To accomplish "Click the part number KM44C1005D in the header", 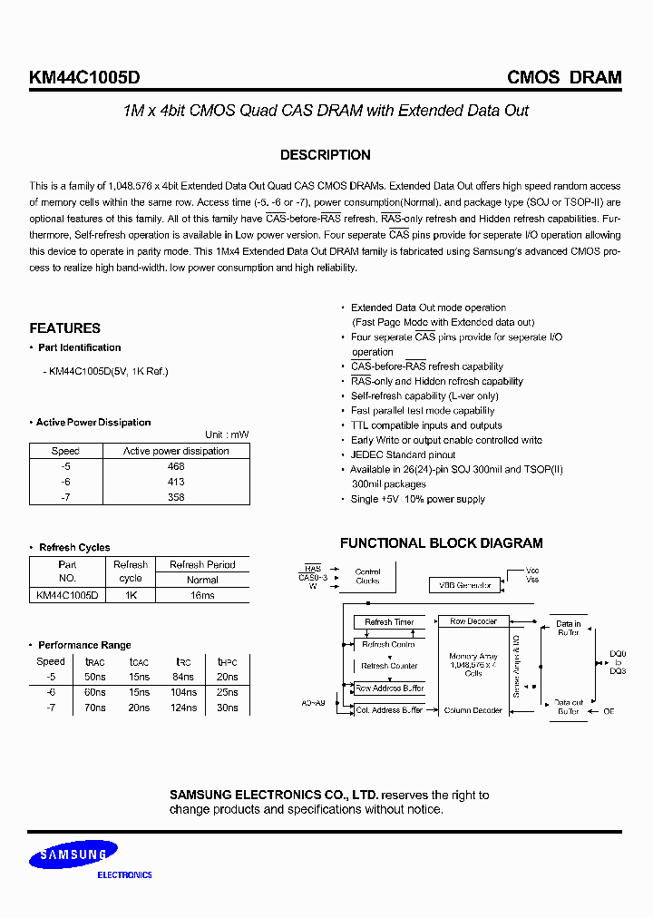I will pyautogui.click(x=84, y=78).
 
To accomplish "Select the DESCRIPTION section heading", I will pyautogui.click(x=325, y=155).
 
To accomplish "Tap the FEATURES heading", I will pyautogui.click(x=64, y=328).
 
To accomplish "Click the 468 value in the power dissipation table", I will pyautogui.click(x=176, y=466).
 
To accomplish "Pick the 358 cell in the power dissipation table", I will pyautogui.click(x=176, y=496).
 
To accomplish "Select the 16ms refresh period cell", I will pyautogui.click(x=202, y=595).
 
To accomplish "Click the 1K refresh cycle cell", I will pyautogui.click(x=131, y=595).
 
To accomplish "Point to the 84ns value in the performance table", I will pyautogui.click(x=183, y=677).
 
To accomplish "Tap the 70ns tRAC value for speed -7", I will pyautogui.click(x=93, y=707).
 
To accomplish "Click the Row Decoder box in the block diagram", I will pyautogui.click(x=473, y=621).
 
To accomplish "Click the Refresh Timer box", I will pyautogui.click(x=389, y=622).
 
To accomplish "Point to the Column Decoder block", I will pyautogui.click(x=473, y=710).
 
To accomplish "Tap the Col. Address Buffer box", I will pyautogui.click(x=389, y=710).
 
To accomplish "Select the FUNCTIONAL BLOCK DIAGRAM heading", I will pyautogui.click(x=441, y=543).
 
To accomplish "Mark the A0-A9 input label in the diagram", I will pyautogui.click(x=314, y=702).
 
